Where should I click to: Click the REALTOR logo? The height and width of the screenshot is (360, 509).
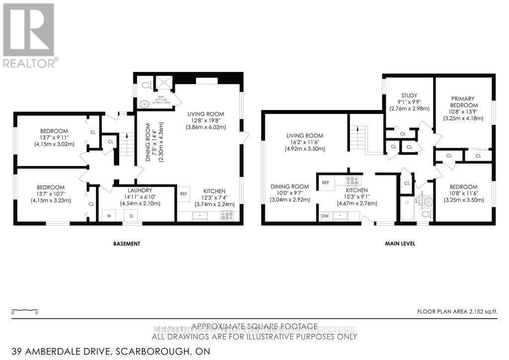click(x=29, y=35)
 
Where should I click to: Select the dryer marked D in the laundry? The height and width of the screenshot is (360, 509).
click(x=132, y=216)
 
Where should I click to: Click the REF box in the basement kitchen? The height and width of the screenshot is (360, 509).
click(x=184, y=194)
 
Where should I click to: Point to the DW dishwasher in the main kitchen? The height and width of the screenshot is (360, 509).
click(x=325, y=216)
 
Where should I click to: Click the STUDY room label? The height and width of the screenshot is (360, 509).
click(x=409, y=95)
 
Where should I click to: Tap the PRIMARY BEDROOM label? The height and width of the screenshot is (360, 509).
click(x=464, y=102)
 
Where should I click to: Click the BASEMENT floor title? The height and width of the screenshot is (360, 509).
click(x=126, y=244)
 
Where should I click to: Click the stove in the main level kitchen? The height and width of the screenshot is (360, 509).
click(x=352, y=181)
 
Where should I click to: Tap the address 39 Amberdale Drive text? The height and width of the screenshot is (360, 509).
click(x=105, y=352)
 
